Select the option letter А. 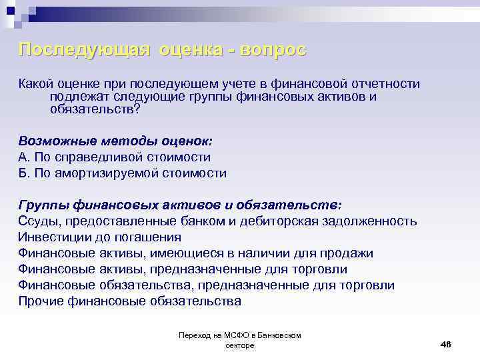click(23, 157)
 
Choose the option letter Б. click(23, 173)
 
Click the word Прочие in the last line click(41, 301)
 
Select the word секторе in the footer click(240, 345)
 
